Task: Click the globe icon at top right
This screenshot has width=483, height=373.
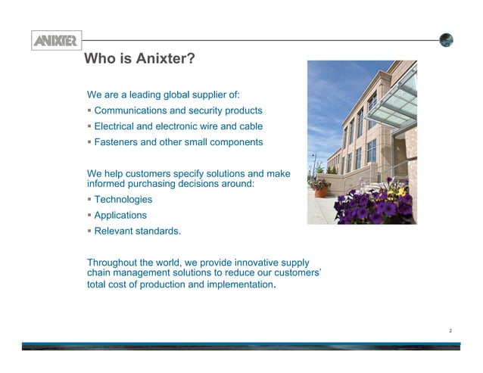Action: pos(447,40)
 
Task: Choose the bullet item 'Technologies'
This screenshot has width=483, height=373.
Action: pos(123,200)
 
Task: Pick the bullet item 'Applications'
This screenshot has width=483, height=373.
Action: pos(120,215)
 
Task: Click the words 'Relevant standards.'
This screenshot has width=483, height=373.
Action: pos(137,231)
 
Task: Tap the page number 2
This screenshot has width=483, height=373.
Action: pos(450,331)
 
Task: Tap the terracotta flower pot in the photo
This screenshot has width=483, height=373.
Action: pos(322,191)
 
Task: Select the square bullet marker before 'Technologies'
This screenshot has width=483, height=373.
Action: pos(89,200)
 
